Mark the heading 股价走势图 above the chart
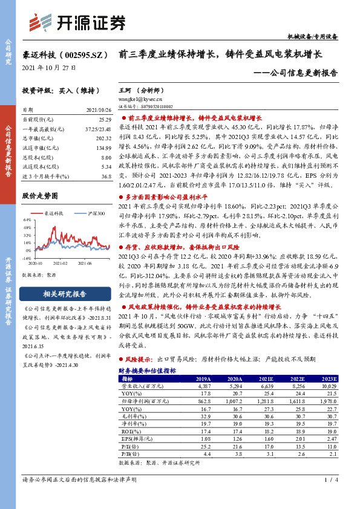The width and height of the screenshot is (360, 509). point(40,196)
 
